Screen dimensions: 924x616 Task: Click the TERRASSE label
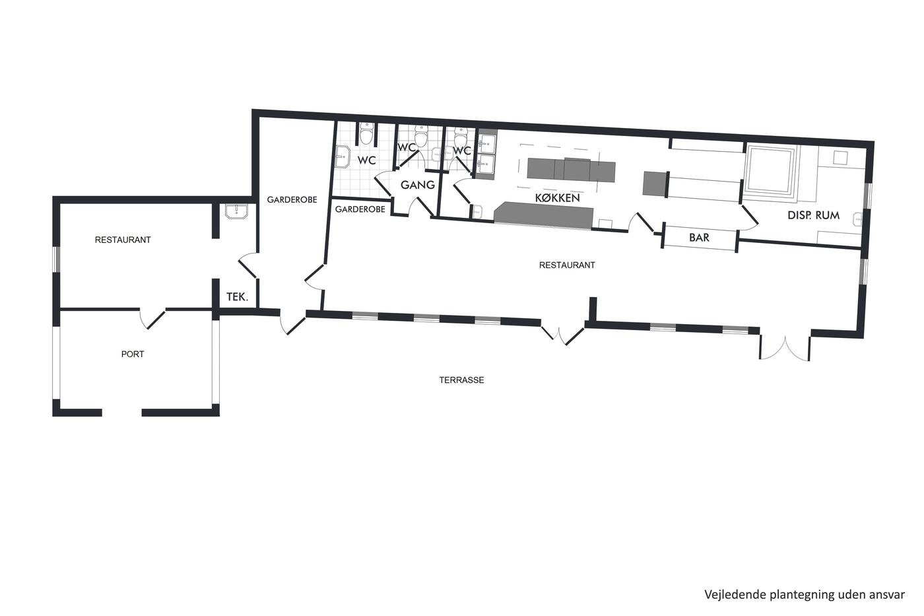(x=461, y=380)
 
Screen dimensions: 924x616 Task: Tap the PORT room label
(x=133, y=354)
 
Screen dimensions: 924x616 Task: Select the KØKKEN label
(x=557, y=198)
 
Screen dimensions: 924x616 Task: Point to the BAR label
(x=699, y=237)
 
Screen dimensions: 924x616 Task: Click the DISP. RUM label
(x=813, y=215)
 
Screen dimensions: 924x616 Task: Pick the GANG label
(x=417, y=185)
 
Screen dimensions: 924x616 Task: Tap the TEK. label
(x=237, y=296)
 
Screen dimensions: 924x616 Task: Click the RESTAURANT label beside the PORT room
(x=123, y=240)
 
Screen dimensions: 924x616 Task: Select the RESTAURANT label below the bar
(x=567, y=265)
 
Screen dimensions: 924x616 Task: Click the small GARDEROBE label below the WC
(x=360, y=209)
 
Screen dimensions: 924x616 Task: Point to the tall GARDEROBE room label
(x=292, y=199)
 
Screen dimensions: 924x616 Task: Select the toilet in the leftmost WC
(x=366, y=133)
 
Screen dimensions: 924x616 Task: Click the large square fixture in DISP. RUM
(x=770, y=170)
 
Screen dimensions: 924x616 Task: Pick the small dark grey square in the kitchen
(x=655, y=184)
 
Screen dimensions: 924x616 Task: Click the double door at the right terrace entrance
(x=785, y=347)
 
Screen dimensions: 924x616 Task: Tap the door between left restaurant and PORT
(x=152, y=318)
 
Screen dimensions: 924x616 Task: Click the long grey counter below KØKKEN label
(x=543, y=215)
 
